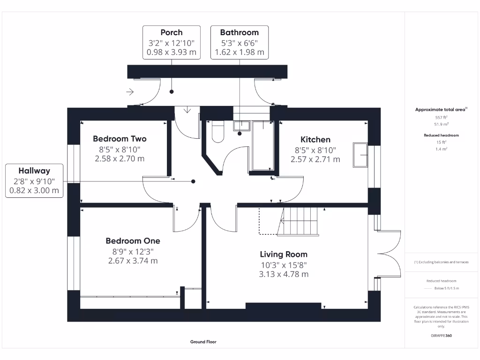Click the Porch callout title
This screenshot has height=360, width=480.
172,32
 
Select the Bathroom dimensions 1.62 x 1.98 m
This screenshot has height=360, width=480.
240,52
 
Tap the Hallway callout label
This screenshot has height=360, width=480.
34,171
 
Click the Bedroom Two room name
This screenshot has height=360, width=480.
120,139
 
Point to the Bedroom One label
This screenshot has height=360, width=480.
133,241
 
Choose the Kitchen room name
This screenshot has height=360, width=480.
315,139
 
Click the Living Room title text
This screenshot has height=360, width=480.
284,255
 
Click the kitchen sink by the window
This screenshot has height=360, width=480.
360,154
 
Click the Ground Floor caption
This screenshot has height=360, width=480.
203,342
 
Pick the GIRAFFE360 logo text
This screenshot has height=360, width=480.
441,336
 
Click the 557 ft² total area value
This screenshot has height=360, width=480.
441,118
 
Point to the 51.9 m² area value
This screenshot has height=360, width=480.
441,124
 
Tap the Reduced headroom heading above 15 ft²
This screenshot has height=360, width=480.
441,135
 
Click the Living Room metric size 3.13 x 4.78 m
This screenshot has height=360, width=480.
284,274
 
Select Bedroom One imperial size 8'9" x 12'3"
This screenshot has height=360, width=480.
133,251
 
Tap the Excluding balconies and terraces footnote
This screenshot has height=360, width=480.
441,262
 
